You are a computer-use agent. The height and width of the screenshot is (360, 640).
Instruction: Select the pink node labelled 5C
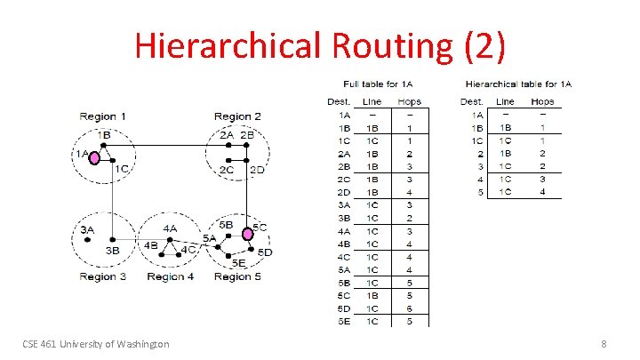pyautogui.click(x=248, y=234)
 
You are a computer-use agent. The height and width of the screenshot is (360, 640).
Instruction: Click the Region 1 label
pyautogui.click(x=103, y=116)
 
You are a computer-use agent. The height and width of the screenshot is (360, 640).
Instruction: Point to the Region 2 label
pyautogui.click(x=237, y=116)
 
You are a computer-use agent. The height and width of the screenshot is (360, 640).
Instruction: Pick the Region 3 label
pyautogui.click(x=103, y=276)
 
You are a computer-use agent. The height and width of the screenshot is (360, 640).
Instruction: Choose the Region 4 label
pyautogui.click(x=171, y=276)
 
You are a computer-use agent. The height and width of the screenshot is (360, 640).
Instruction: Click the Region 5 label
pyautogui.click(x=237, y=276)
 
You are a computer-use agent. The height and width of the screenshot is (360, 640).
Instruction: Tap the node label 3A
pyautogui.click(x=87, y=229)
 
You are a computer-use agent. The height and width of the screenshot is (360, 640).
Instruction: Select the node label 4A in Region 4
pyautogui.click(x=169, y=228)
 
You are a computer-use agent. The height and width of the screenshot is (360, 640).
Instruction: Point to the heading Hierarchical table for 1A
pyautogui.click(x=518, y=84)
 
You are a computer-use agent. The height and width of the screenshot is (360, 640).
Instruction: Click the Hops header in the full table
pyautogui.click(x=410, y=101)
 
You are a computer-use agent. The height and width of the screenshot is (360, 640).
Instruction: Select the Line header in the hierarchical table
pyautogui.click(x=506, y=101)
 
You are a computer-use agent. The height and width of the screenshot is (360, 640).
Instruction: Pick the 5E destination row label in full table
pyautogui.click(x=342, y=320)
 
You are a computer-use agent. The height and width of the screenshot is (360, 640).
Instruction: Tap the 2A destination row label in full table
pyautogui.click(x=342, y=153)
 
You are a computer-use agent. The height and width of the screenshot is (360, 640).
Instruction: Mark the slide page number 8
pyautogui.click(x=604, y=343)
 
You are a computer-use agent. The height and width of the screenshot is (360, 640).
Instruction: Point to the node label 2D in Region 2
pyautogui.click(x=257, y=169)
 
